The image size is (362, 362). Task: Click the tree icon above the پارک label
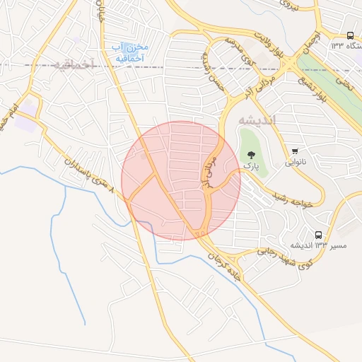click(x=251, y=153)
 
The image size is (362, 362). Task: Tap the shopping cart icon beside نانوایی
click(x=295, y=151)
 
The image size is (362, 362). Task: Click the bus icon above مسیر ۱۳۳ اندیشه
click(x=318, y=234)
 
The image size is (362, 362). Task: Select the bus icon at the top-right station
click(x=350, y=35)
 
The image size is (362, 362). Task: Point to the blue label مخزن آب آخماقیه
click(x=128, y=51)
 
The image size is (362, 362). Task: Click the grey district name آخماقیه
click(x=73, y=64)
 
